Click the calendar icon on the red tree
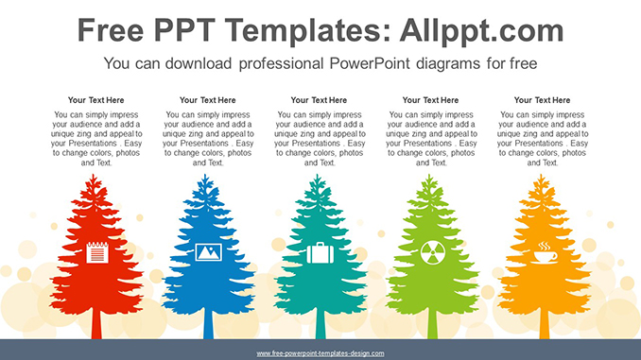(x=96, y=252)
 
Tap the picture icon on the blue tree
(x=208, y=252)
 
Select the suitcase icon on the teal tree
(x=320, y=253)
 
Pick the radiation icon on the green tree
(x=431, y=252)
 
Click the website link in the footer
(x=320, y=353)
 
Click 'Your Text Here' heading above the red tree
(x=96, y=99)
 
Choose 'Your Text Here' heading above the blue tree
(x=208, y=99)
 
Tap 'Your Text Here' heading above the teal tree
(x=320, y=99)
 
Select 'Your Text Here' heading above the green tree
(x=431, y=99)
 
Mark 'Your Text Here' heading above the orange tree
(x=543, y=99)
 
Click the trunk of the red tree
(x=96, y=324)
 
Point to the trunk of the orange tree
(x=544, y=324)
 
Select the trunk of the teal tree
(x=320, y=324)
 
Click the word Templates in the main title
(x=286, y=31)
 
